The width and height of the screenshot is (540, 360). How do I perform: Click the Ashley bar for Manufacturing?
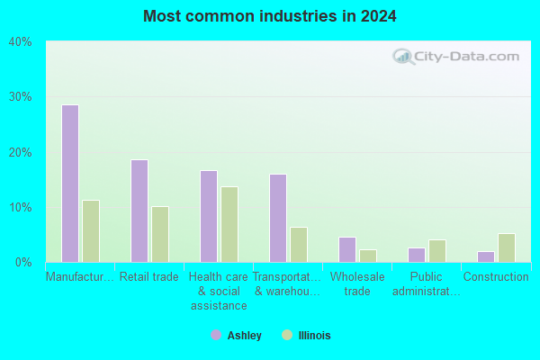(70, 184)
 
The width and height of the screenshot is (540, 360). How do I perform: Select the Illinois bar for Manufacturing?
(91, 231)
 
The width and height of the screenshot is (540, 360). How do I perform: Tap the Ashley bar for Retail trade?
(139, 211)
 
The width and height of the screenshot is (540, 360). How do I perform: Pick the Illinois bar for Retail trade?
(160, 234)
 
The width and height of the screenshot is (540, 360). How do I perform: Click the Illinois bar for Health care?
(229, 225)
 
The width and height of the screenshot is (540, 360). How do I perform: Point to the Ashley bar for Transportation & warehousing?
(278, 218)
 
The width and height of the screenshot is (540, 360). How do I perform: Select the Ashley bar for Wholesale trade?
(347, 250)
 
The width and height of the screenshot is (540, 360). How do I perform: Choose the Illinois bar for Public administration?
(437, 251)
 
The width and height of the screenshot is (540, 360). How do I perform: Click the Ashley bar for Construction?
(486, 257)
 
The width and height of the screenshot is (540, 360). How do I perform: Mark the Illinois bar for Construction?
(507, 248)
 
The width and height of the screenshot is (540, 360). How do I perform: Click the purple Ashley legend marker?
(216, 335)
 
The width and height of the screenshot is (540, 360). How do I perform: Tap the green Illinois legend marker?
(287, 335)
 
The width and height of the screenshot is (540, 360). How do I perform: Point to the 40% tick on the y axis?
(21, 42)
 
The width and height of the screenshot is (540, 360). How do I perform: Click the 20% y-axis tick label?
(21, 153)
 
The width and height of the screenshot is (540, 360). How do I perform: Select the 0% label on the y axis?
(23, 263)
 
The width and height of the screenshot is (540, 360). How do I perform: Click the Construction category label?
(496, 276)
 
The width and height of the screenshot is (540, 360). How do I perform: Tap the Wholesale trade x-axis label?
(357, 283)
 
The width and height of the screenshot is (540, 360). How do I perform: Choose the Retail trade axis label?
(149, 276)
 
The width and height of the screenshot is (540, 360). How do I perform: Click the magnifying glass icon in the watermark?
(403, 57)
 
